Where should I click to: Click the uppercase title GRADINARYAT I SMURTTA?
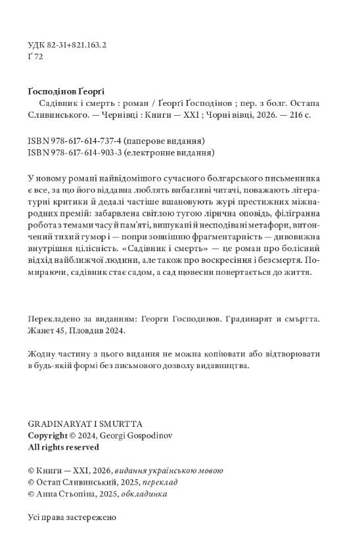[x=85, y=423]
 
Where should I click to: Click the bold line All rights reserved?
[x=64, y=447]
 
